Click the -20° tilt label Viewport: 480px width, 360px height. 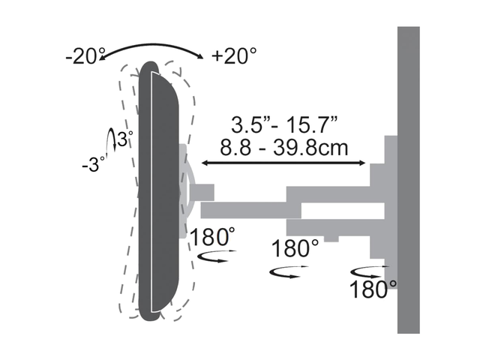click(x=82, y=56)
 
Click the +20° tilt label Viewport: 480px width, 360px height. click(x=234, y=56)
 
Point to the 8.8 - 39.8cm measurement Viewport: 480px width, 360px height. click(x=284, y=148)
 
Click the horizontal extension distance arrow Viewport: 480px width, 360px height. click(x=283, y=163)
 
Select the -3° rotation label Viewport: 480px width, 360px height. click(x=93, y=164)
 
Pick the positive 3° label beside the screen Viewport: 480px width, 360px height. click(x=125, y=139)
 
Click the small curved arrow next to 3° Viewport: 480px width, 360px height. click(x=112, y=139)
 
